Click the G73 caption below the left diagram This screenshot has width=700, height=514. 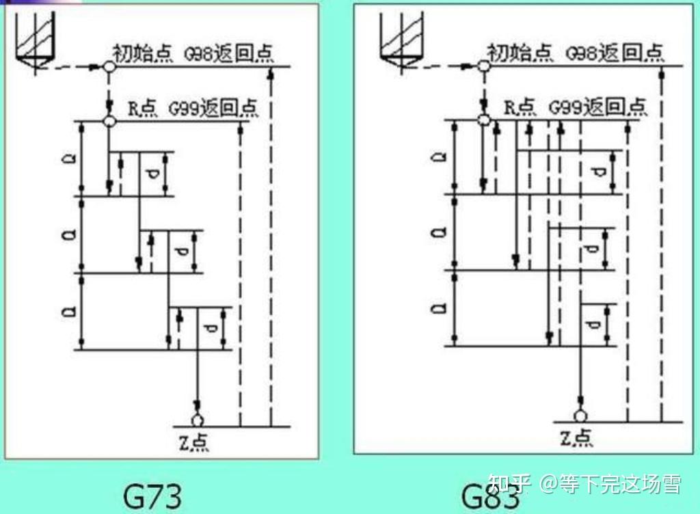point(152,495)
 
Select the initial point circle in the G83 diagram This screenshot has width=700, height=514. point(483,67)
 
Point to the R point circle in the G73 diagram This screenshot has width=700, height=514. point(109,121)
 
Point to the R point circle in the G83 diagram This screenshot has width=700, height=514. point(484,120)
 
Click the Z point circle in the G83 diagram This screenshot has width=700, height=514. point(580,415)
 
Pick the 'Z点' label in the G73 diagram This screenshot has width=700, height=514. point(193,442)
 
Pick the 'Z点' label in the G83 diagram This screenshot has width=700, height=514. point(576,437)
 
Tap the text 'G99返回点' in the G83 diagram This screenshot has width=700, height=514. point(597,107)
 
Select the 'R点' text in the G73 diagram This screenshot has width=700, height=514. point(144,108)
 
